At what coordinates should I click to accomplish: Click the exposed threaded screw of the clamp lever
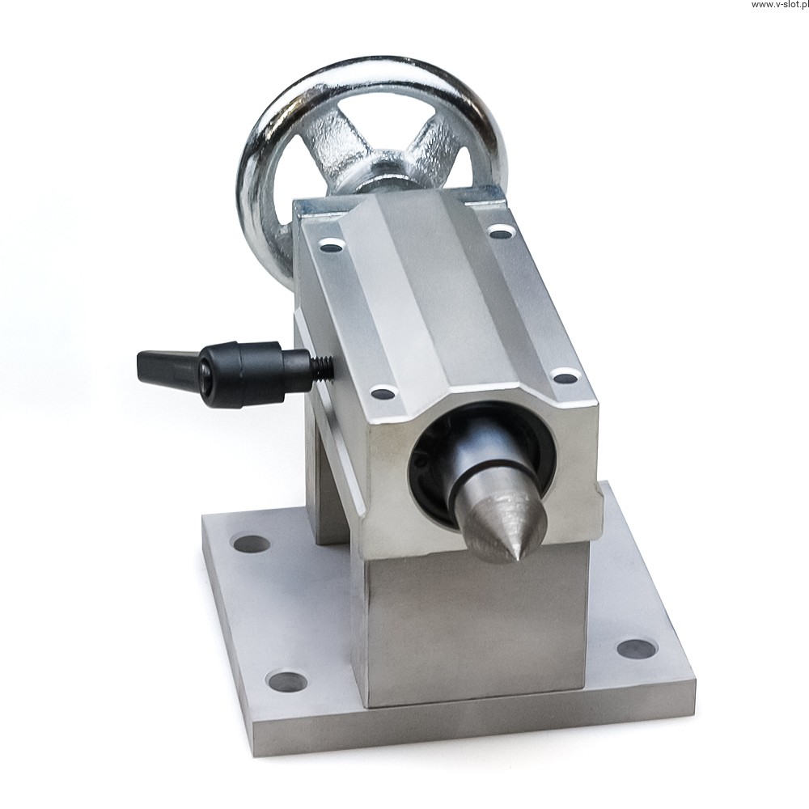click(323, 369)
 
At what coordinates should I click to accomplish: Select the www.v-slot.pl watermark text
click(780, 5)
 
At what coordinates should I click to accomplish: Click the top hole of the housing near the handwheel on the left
click(331, 244)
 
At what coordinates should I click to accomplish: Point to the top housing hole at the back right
click(498, 230)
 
